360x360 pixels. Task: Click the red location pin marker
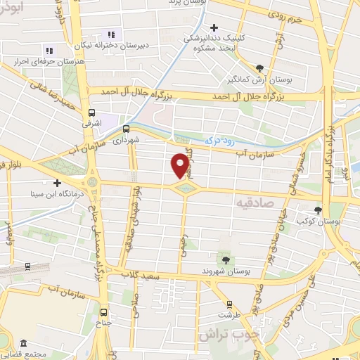click(180, 166)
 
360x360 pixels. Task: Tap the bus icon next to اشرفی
click(91, 112)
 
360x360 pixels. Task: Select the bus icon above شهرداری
click(126, 129)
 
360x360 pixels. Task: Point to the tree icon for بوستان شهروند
click(225, 260)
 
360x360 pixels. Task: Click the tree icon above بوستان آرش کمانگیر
click(259, 68)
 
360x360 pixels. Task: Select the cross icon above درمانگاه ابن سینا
click(58, 164)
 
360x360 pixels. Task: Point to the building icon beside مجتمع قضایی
click(23, 342)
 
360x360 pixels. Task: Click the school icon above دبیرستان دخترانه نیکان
click(110, 34)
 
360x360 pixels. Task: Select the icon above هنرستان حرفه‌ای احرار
click(49, 50)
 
